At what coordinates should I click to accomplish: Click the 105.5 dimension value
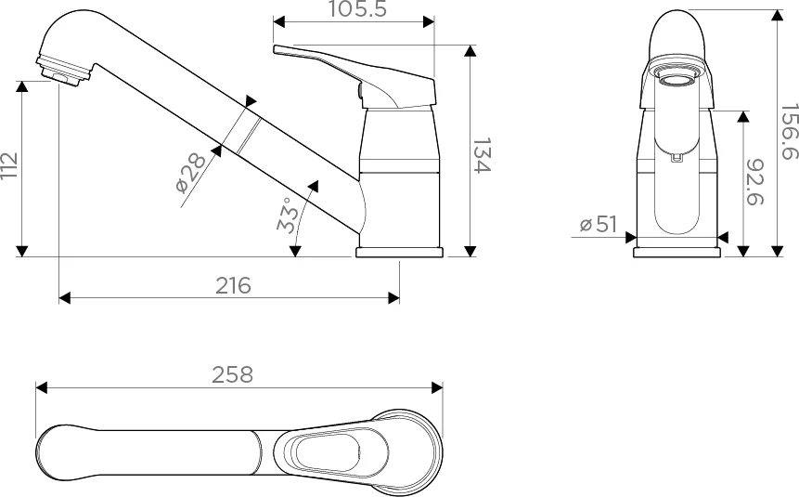[x=357, y=8]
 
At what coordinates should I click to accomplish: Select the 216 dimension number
[x=233, y=286]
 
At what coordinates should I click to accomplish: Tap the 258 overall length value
[x=232, y=374]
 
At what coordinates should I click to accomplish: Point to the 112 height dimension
[x=9, y=165]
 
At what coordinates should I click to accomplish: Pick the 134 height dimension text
[x=482, y=155]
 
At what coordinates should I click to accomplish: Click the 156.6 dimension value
[x=790, y=132]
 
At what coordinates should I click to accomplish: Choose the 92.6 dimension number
[x=755, y=182]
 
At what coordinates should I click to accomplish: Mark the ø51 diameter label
[x=599, y=224]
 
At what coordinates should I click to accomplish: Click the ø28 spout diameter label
[x=190, y=173]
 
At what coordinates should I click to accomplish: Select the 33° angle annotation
[x=288, y=216]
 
